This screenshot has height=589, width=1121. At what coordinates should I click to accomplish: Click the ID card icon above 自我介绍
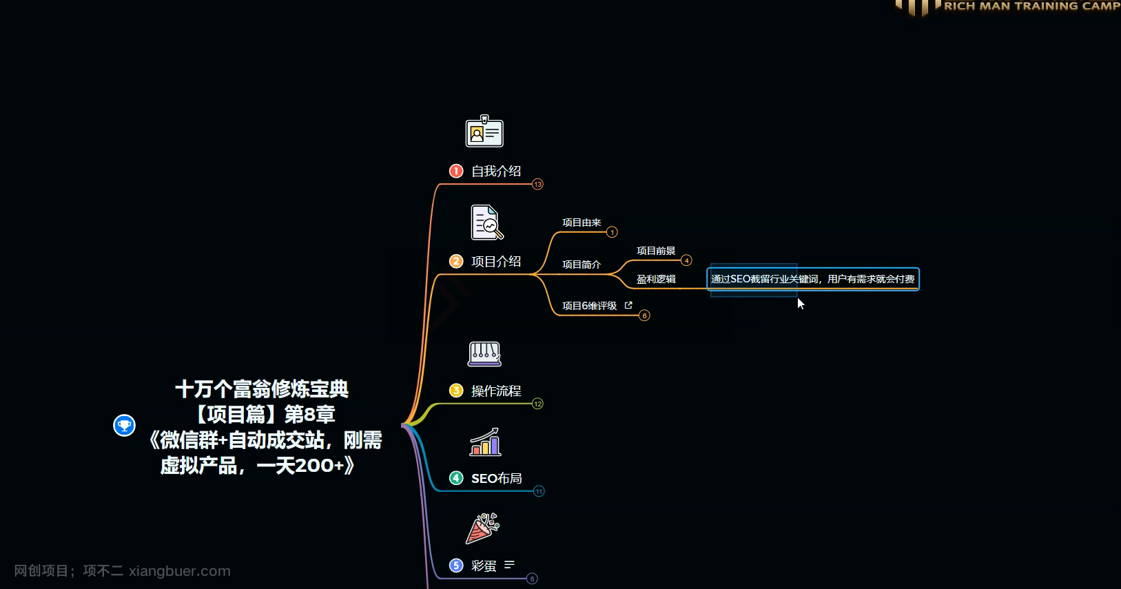(484, 132)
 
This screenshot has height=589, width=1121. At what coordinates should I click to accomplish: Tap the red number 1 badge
(456, 171)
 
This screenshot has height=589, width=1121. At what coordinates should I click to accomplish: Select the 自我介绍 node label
(496, 171)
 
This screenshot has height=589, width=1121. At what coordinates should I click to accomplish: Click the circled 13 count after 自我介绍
(537, 184)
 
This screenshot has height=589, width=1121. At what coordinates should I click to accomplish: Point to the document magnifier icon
(486, 223)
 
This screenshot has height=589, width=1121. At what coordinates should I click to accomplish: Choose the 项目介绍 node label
(496, 261)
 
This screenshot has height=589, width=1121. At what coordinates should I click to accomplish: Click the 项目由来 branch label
(582, 223)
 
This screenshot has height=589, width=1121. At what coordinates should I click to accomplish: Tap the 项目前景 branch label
(656, 251)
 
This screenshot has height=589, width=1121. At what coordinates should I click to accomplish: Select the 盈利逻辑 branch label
(656, 279)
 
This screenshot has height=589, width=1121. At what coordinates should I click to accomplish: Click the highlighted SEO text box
(813, 279)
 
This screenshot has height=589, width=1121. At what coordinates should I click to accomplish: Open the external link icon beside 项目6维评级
(628, 305)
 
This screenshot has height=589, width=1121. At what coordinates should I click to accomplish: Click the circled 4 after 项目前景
(686, 260)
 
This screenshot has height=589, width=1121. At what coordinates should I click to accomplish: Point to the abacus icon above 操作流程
(484, 354)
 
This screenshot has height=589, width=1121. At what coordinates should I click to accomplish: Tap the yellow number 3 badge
(456, 391)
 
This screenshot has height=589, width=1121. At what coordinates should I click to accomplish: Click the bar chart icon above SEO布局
(485, 442)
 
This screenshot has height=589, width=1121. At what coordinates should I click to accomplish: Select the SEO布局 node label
(496, 478)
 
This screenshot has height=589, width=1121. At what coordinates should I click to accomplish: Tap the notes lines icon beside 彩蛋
(509, 565)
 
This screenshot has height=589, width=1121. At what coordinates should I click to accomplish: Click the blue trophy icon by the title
(124, 425)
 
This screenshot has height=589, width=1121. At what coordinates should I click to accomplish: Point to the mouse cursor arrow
(801, 303)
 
